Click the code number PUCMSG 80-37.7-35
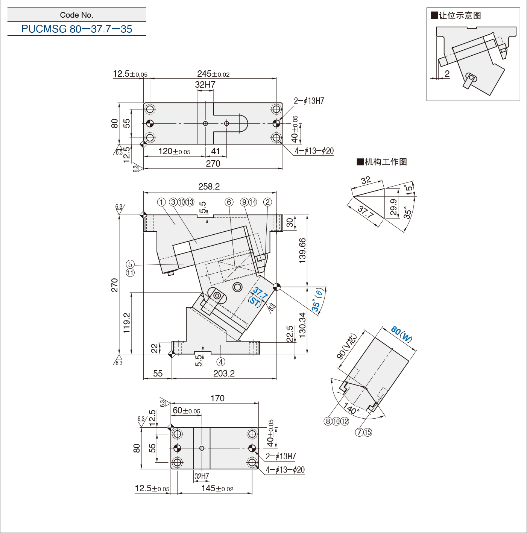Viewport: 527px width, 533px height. coord(77,29)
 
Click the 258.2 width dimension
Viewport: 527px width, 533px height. coord(209,187)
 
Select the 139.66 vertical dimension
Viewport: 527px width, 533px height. coord(302,251)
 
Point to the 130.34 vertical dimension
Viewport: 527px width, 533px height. coord(302,325)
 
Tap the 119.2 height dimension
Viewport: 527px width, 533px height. coord(126,323)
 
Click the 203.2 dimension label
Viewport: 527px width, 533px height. coord(224,374)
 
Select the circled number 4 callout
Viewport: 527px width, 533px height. coord(220,361)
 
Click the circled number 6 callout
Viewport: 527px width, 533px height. coord(229,202)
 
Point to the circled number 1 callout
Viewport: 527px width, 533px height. coord(161,202)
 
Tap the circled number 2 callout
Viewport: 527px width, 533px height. coord(267,202)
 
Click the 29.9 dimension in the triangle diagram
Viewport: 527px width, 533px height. coord(394,207)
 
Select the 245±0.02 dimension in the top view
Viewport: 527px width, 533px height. coord(213,74)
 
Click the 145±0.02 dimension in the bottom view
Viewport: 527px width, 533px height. coord(217,488)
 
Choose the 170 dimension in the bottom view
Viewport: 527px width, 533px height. coord(217,398)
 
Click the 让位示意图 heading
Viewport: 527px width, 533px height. coord(456,15)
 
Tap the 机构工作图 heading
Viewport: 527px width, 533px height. coord(382,162)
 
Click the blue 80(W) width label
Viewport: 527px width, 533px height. coord(401,334)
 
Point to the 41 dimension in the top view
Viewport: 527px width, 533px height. coord(216,151)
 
